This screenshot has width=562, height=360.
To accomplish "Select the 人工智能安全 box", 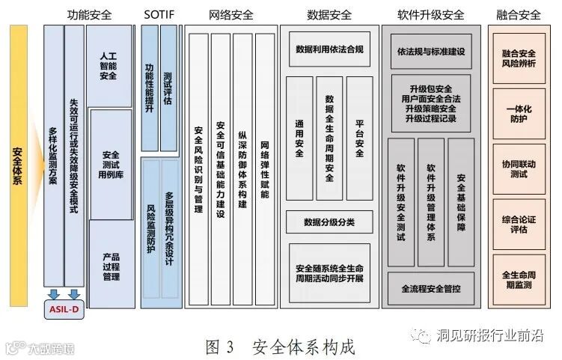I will (109, 66).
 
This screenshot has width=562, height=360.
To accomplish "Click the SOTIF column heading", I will (158, 14).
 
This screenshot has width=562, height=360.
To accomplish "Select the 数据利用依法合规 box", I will (329, 50).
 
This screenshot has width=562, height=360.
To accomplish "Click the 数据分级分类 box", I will (329, 222).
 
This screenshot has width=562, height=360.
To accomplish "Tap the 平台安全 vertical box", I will (359, 138).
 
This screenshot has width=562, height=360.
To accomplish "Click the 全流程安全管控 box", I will (430, 288).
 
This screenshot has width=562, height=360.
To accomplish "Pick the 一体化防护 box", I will (518, 114).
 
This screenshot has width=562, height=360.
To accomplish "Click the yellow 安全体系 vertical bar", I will (18, 165).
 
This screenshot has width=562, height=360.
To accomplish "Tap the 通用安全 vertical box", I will (299, 138).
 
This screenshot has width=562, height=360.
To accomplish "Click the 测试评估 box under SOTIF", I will (168, 88).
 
